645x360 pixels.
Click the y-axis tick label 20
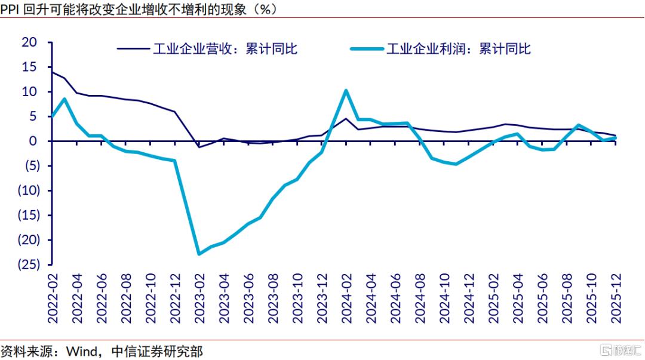click(29, 42)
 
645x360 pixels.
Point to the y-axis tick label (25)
click(29, 264)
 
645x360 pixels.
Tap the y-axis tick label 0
click(33, 141)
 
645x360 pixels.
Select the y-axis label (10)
click(29, 190)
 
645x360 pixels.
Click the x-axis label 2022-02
click(53, 299)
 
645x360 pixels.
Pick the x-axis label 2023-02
click(199, 299)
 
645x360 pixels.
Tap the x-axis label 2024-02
click(346, 299)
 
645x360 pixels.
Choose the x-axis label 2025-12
click(616, 299)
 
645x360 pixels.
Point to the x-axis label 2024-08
click(420, 299)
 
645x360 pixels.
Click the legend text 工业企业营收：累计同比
click(225, 49)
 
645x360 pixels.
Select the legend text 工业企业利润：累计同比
click(458, 49)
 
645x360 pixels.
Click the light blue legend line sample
click(367, 49)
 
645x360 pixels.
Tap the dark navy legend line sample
click(133, 48)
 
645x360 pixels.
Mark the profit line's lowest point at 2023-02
click(199, 254)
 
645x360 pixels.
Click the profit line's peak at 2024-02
click(346, 91)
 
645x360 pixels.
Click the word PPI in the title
click(10, 9)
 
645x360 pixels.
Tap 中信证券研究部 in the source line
click(157, 352)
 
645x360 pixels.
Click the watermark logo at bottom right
click(621, 350)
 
